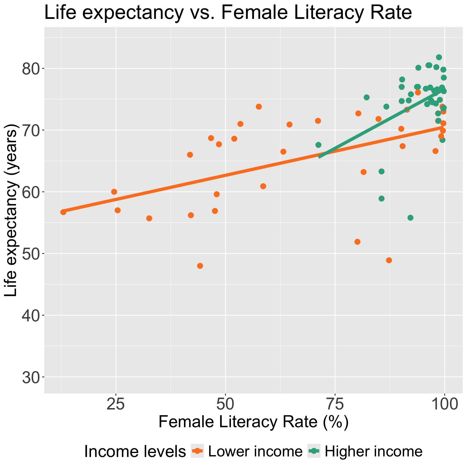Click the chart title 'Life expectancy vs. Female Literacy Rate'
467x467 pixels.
pos(228,13)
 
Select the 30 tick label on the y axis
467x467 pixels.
pos(31,377)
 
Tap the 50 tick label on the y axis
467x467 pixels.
pos(31,254)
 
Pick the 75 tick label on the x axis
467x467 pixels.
pos(335,406)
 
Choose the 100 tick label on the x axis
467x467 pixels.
pos(444,406)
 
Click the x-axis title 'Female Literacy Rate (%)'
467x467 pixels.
pos(253,422)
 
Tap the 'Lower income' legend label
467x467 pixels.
pos(255,452)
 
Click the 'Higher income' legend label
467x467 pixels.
pos(373,452)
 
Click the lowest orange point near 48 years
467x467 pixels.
pos(200,266)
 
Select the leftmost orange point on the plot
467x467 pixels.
pos(63,212)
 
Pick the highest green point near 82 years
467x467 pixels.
pos(439,57)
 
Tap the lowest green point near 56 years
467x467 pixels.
pos(410,218)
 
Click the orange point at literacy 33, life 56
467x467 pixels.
pos(149,218)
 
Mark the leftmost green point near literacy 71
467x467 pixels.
pos(318,145)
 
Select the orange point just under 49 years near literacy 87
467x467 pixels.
pos(389,260)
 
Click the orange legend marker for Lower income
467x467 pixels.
pos(198,451)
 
